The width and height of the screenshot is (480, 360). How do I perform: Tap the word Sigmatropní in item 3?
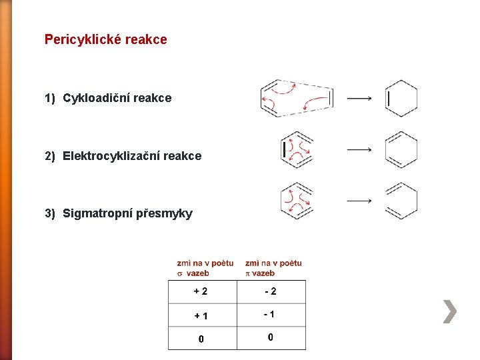pyautogui.click(x=98, y=213)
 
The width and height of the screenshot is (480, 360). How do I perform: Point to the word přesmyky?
pyautogui.click(x=165, y=214)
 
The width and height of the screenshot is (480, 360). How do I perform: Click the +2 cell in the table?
pyautogui.click(x=201, y=291)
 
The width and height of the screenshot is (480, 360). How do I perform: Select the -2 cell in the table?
pyautogui.click(x=270, y=291)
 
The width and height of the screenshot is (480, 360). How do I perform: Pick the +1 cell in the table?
pyautogui.click(x=201, y=315)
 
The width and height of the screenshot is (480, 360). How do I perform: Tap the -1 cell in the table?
pyautogui.click(x=270, y=314)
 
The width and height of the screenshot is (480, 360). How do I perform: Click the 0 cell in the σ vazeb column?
pyautogui.click(x=201, y=339)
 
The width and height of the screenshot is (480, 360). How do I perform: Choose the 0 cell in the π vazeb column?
pyautogui.click(x=270, y=337)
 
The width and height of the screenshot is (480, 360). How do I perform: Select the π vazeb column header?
pyautogui.click(x=273, y=268)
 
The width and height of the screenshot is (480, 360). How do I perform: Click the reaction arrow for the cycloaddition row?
pyautogui.click(x=359, y=99)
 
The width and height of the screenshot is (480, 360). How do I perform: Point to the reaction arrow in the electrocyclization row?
pyautogui.click(x=359, y=149)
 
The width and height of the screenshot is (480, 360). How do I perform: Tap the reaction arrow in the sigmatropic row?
pyautogui.click(x=359, y=200)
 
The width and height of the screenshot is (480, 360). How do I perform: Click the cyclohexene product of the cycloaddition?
pyautogui.click(x=401, y=99)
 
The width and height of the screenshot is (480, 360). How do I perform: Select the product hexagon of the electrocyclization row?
pyautogui.click(x=401, y=149)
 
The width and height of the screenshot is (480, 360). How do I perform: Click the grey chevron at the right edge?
pyautogui.click(x=450, y=311)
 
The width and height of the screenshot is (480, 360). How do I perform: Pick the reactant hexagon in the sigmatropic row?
pyautogui.click(x=297, y=201)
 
